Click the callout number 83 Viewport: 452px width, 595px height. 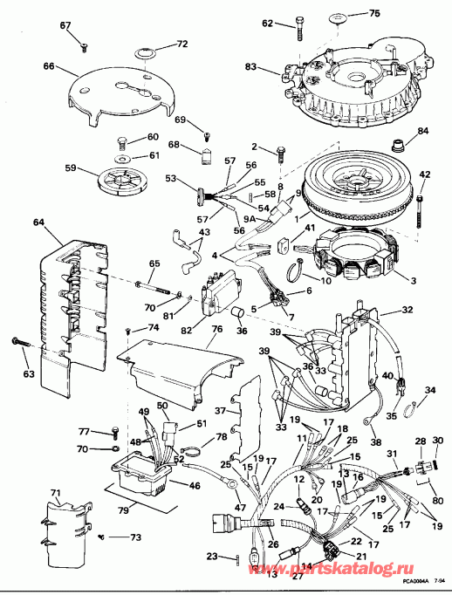[x=250, y=66]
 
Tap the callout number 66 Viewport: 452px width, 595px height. [x=49, y=65]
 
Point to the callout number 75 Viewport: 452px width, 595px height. [x=374, y=14]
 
